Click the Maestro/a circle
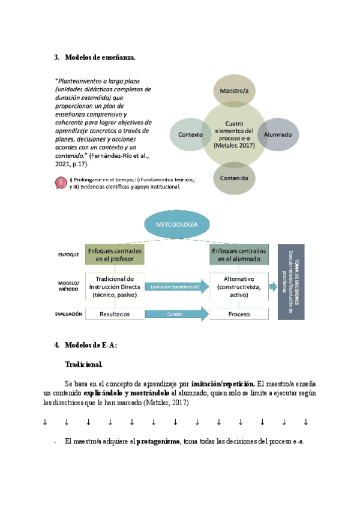(235, 91)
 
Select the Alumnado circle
(278, 134)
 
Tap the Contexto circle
(191, 134)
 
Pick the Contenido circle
(235, 178)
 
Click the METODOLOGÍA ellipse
(178, 225)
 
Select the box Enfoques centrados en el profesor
(116, 255)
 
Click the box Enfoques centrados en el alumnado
(239, 255)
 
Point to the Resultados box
(116, 314)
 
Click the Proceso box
(239, 314)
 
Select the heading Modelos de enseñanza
(100, 58)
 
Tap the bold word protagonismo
(158, 442)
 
